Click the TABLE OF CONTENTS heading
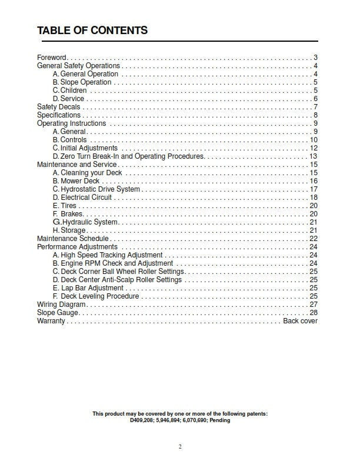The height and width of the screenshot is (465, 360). click(92, 31)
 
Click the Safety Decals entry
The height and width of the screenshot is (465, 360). click(58, 107)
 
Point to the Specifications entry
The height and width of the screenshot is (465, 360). click(58, 115)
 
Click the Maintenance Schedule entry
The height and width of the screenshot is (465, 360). click(72, 239)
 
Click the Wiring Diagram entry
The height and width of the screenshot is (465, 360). click(61, 305)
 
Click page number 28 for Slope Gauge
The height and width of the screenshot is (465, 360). click(314, 313)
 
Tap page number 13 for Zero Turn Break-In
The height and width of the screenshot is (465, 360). click(314, 156)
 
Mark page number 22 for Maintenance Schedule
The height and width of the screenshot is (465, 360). click(314, 239)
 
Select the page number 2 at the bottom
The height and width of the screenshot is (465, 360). click(180, 447)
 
